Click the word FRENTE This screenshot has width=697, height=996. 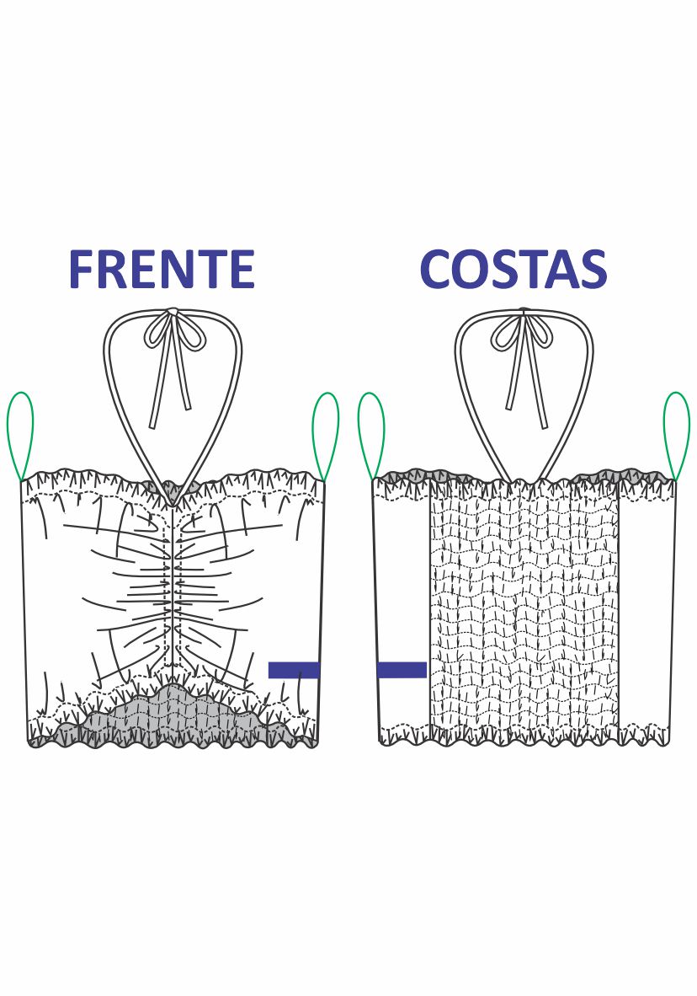(161, 270)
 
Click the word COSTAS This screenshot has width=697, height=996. (513, 270)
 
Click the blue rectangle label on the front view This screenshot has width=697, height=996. (294, 670)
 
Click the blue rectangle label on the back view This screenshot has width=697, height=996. (402, 670)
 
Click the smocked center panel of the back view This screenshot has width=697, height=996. (524, 607)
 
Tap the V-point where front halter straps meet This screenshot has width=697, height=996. (173, 503)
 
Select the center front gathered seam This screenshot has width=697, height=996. (173, 590)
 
